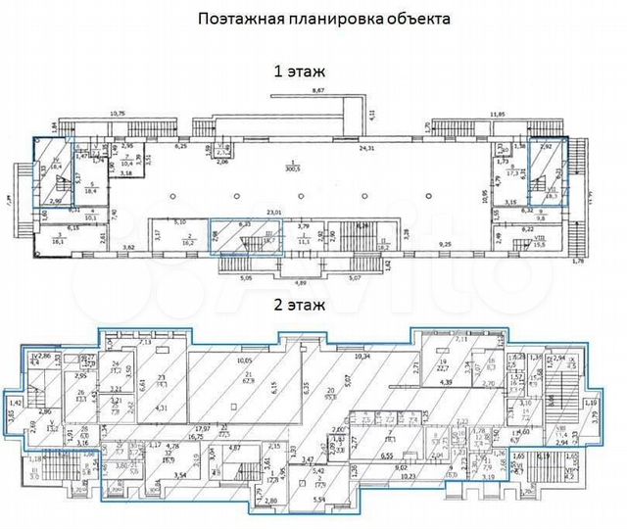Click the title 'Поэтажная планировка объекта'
coord(312,19)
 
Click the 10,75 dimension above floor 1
coord(117,115)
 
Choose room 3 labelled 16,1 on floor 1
coord(56,237)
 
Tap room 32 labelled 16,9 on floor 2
coord(168,457)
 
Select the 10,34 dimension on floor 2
coord(363,356)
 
